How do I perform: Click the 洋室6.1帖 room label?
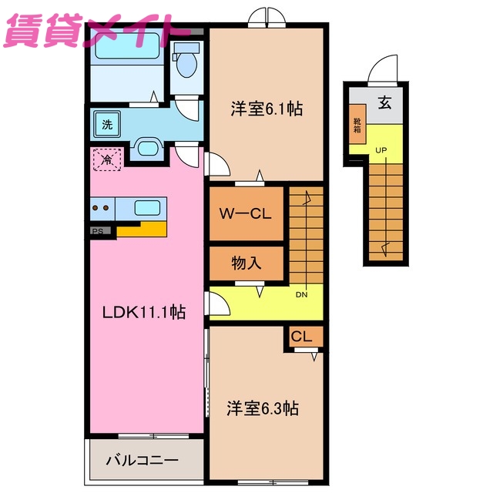pyautogui.click(x=265, y=109)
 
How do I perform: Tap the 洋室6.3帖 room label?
pyautogui.click(x=262, y=408)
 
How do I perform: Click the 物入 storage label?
pyautogui.click(x=246, y=263)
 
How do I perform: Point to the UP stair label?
pyautogui.click(x=381, y=149)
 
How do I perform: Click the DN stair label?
pyautogui.click(x=301, y=293)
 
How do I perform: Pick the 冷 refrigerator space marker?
pyautogui.click(x=106, y=161)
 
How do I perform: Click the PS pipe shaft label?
pyautogui.click(x=97, y=230)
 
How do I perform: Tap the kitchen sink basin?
pyautogui.click(x=147, y=206)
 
